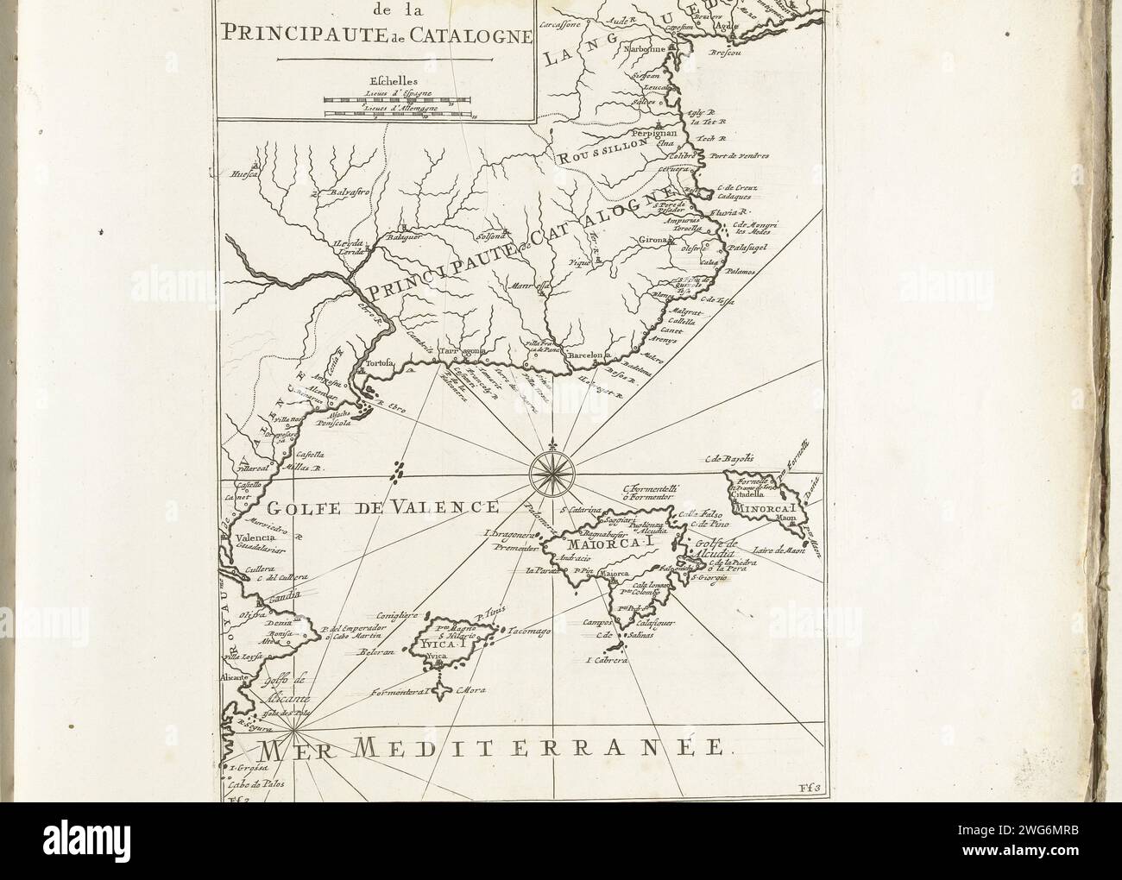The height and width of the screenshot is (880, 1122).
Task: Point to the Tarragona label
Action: click(459, 352)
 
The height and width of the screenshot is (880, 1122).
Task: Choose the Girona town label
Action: click(676, 237)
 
